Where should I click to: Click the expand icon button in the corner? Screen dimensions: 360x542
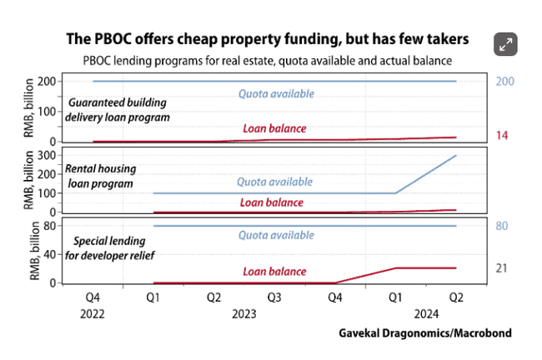pos(504,45)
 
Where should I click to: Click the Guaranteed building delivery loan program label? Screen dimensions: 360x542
pos(118,110)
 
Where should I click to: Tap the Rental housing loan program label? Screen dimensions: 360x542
pos(101,175)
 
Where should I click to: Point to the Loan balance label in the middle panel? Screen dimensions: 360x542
pos(271,202)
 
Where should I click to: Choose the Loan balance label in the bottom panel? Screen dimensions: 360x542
pos(274,271)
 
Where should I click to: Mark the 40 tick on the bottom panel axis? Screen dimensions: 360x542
pos(49,254)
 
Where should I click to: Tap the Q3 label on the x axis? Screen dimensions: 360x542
pos(274,297)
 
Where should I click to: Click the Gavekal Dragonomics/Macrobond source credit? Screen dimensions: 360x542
pos(424,333)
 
